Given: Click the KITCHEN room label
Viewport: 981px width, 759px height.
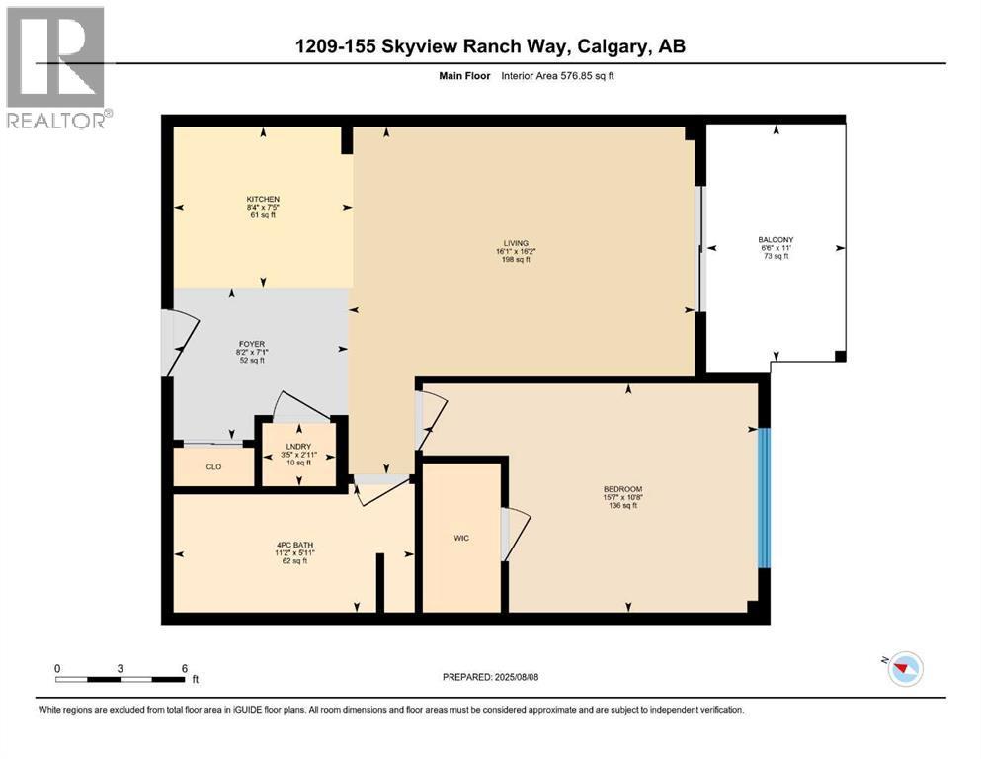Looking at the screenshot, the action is [x=263, y=199].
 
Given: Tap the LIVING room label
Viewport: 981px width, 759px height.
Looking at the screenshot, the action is [x=516, y=243].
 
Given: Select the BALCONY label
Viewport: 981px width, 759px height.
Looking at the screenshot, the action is [x=776, y=239].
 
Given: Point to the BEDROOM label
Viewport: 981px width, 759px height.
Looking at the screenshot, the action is [x=622, y=489].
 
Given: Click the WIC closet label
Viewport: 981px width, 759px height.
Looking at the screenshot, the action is [x=461, y=539].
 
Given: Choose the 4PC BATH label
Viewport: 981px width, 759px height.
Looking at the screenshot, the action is [x=294, y=545].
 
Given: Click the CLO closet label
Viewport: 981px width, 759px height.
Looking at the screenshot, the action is [x=214, y=467].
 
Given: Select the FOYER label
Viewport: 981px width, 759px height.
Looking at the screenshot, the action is [x=252, y=344].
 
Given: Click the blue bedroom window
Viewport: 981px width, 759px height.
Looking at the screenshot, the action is [x=764, y=498].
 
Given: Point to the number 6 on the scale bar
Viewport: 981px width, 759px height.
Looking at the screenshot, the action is [x=185, y=668].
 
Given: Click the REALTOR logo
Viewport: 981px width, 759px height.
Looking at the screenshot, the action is [x=56, y=67].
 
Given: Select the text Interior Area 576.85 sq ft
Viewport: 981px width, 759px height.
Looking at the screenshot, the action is [x=557, y=76].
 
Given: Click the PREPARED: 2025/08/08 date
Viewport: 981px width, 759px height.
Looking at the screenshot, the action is [x=490, y=677].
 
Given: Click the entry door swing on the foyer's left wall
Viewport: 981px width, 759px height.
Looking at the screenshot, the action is [x=181, y=343].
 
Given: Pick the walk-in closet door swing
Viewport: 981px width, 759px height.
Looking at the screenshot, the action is [x=516, y=533].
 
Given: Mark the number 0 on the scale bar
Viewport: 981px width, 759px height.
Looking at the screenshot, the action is [x=57, y=668].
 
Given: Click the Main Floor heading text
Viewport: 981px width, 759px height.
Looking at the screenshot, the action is [x=464, y=76].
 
